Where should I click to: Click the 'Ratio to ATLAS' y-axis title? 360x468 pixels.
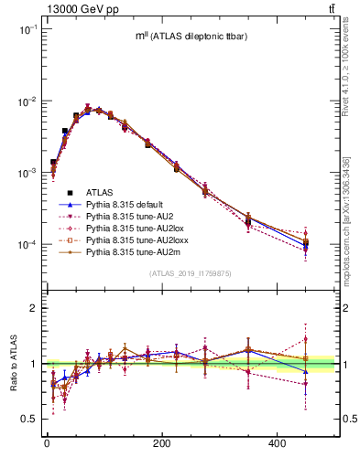click(14, 363)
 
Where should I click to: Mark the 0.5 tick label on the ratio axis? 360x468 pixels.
click(31, 419)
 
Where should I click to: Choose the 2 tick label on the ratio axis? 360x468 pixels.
click(35, 309)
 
